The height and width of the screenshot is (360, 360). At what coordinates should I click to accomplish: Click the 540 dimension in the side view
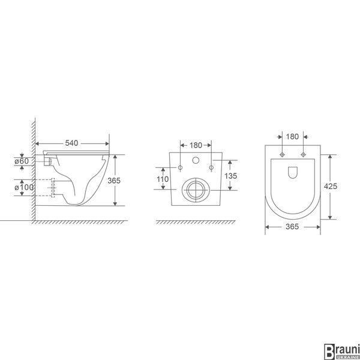tap(71, 143)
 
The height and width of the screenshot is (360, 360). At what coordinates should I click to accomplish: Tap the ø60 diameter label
tap(22, 161)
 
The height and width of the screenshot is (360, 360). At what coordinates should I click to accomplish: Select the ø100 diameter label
tap(24, 187)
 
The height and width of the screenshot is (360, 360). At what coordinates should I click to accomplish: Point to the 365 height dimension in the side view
tap(114, 181)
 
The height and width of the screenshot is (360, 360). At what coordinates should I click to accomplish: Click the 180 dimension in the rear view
tap(196, 145)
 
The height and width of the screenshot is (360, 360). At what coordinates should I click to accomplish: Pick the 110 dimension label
tap(163, 179)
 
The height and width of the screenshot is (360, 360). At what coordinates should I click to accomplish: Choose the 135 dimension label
tap(231, 176)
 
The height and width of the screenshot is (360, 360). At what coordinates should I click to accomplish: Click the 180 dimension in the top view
tap(292, 137)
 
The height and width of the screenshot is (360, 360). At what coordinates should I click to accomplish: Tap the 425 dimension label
tap(331, 186)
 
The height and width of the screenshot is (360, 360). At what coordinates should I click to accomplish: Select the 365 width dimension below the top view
tap(292, 227)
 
